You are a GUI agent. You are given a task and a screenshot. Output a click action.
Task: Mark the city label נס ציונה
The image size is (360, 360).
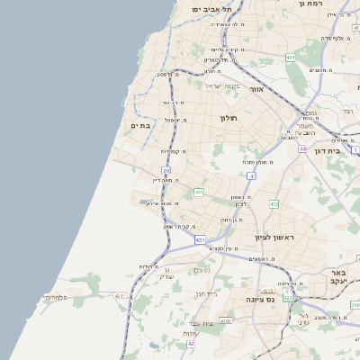(267, 299)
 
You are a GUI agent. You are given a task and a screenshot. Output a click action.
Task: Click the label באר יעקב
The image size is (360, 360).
(338, 276)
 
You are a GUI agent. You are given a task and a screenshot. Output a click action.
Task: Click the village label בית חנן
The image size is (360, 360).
(206, 293)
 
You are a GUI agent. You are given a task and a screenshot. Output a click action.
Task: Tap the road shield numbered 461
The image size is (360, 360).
(291, 58)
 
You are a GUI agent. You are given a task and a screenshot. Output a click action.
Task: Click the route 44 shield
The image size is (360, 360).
(303, 148)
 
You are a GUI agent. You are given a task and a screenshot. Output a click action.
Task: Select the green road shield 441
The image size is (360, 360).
(199, 192)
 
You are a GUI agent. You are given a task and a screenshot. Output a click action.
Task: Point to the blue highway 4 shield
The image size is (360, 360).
(252, 176)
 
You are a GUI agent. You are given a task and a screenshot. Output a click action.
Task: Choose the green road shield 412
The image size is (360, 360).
(274, 204)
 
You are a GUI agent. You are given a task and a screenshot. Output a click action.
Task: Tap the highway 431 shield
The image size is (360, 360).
(199, 240)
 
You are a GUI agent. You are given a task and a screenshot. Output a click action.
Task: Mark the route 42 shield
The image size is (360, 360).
(191, 343)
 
